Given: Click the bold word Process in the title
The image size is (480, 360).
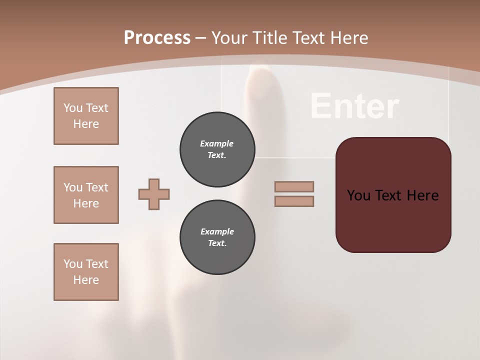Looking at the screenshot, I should pyautogui.click(x=157, y=38).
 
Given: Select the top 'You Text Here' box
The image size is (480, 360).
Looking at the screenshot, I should pyautogui.click(x=86, y=116).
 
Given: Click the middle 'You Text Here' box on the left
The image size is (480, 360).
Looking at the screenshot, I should pyautogui.click(x=86, y=195).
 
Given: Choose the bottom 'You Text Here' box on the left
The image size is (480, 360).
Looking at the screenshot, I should pyautogui.click(x=86, y=272).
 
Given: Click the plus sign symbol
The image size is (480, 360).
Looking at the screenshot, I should pyautogui.click(x=154, y=194).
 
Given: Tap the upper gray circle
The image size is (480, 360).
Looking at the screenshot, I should pyautogui.click(x=217, y=149).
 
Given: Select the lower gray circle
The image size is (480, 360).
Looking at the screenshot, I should pyautogui.click(x=217, y=237).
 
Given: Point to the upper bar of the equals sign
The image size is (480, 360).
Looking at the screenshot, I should pyautogui.click(x=294, y=186).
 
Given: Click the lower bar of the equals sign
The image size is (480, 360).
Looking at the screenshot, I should pyautogui.click(x=294, y=201).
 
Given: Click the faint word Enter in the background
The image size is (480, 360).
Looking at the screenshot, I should pyautogui.click(x=354, y=106).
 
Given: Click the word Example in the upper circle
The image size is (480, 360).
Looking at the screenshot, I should pyautogui.click(x=217, y=143).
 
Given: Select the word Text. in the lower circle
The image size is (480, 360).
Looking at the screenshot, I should pyautogui.click(x=217, y=243).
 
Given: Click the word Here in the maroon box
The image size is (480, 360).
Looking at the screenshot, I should pyautogui.click(x=422, y=195).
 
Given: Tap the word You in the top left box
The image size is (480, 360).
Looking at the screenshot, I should pyautogui.click(x=72, y=108).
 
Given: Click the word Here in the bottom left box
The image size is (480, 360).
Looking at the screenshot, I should pyautogui.click(x=86, y=280).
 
